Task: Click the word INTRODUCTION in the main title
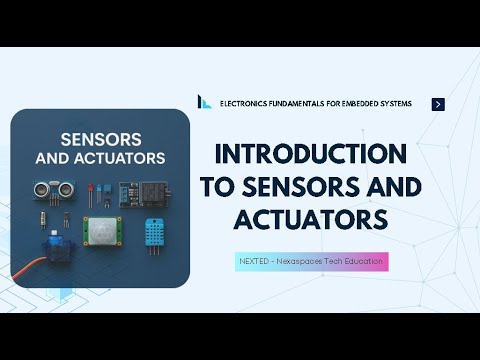(x=311, y=155)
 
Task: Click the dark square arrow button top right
(x=438, y=104)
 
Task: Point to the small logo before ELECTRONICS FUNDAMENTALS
(x=205, y=103)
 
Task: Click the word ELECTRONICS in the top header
(x=246, y=104)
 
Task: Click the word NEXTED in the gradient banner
(x=254, y=260)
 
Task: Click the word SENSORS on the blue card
(x=100, y=139)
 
